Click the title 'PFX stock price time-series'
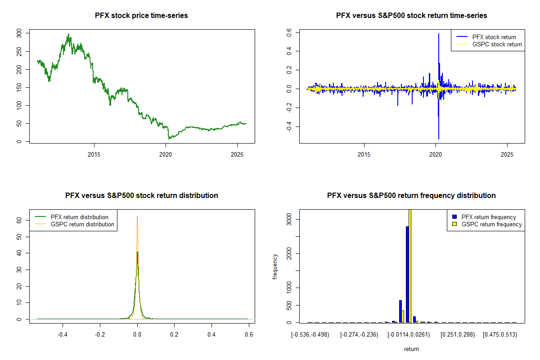pos(141,15)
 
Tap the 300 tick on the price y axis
pos(18,33)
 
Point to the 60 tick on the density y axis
pos(18,220)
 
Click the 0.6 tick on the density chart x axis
pos(249,334)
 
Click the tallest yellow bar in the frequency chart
pos(410,265)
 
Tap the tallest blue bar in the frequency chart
pos(407,274)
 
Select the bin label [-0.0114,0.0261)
pos(407,334)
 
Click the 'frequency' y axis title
pos(275,266)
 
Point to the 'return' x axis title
pos(411,349)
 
